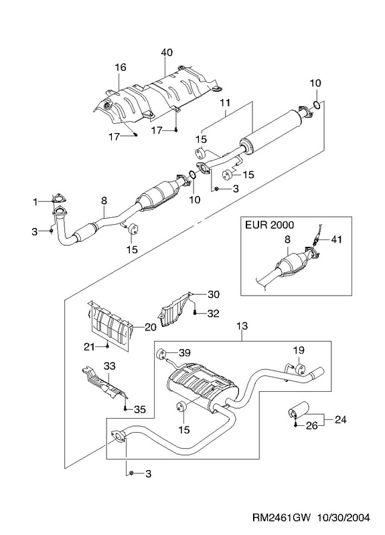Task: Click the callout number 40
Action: tap(167, 53)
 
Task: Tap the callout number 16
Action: tap(121, 68)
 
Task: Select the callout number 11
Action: tap(225, 102)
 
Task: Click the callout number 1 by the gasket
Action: tap(35, 203)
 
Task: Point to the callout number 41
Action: tap(336, 239)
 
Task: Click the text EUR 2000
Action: tap(269, 225)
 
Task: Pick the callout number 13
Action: tap(242, 326)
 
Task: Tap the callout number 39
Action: tap(185, 352)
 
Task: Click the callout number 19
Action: tap(298, 350)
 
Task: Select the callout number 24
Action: tap(340, 419)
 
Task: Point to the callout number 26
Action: tap(311, 425)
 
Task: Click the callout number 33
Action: tap(110, 366)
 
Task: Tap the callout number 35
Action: tap(140, 409)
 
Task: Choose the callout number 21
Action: tap(89, 347)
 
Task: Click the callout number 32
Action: tap(213, 313)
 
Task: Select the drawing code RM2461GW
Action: tap(282, 518)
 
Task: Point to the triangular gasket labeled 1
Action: tap(58, 198)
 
